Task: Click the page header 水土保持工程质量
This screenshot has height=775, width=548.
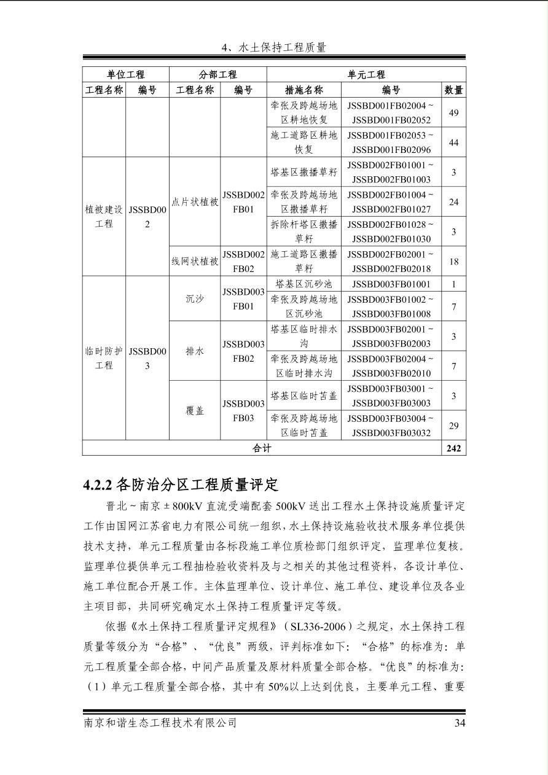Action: point(273,47)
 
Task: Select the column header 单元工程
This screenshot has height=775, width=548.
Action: point(366,74)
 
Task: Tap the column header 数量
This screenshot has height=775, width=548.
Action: point(453,90)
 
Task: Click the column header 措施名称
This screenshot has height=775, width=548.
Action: point(304,90)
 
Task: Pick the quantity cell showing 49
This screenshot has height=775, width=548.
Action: point(453,113)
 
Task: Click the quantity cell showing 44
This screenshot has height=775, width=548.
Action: point(453,142)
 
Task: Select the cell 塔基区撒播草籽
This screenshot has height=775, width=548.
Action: point(304,173)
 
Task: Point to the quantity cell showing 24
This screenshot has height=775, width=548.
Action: point(453,202)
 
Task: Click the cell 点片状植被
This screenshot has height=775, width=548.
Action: point(195,202)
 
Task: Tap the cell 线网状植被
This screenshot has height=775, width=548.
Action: point(195,261)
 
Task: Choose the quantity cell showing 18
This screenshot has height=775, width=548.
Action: point(453,262)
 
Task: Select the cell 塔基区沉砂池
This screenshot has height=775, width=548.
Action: point(304,284)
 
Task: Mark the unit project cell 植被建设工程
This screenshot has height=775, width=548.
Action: point(104,217)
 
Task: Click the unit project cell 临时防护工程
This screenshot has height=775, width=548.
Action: point(104,358)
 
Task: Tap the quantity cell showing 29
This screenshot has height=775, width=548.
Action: point(453,426)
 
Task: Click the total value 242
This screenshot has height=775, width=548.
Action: point(453,448)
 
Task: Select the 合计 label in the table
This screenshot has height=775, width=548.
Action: point(262,448)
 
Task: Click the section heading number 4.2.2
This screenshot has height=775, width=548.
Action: point(96,485)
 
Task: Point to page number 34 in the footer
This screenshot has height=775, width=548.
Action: point(460,723)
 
